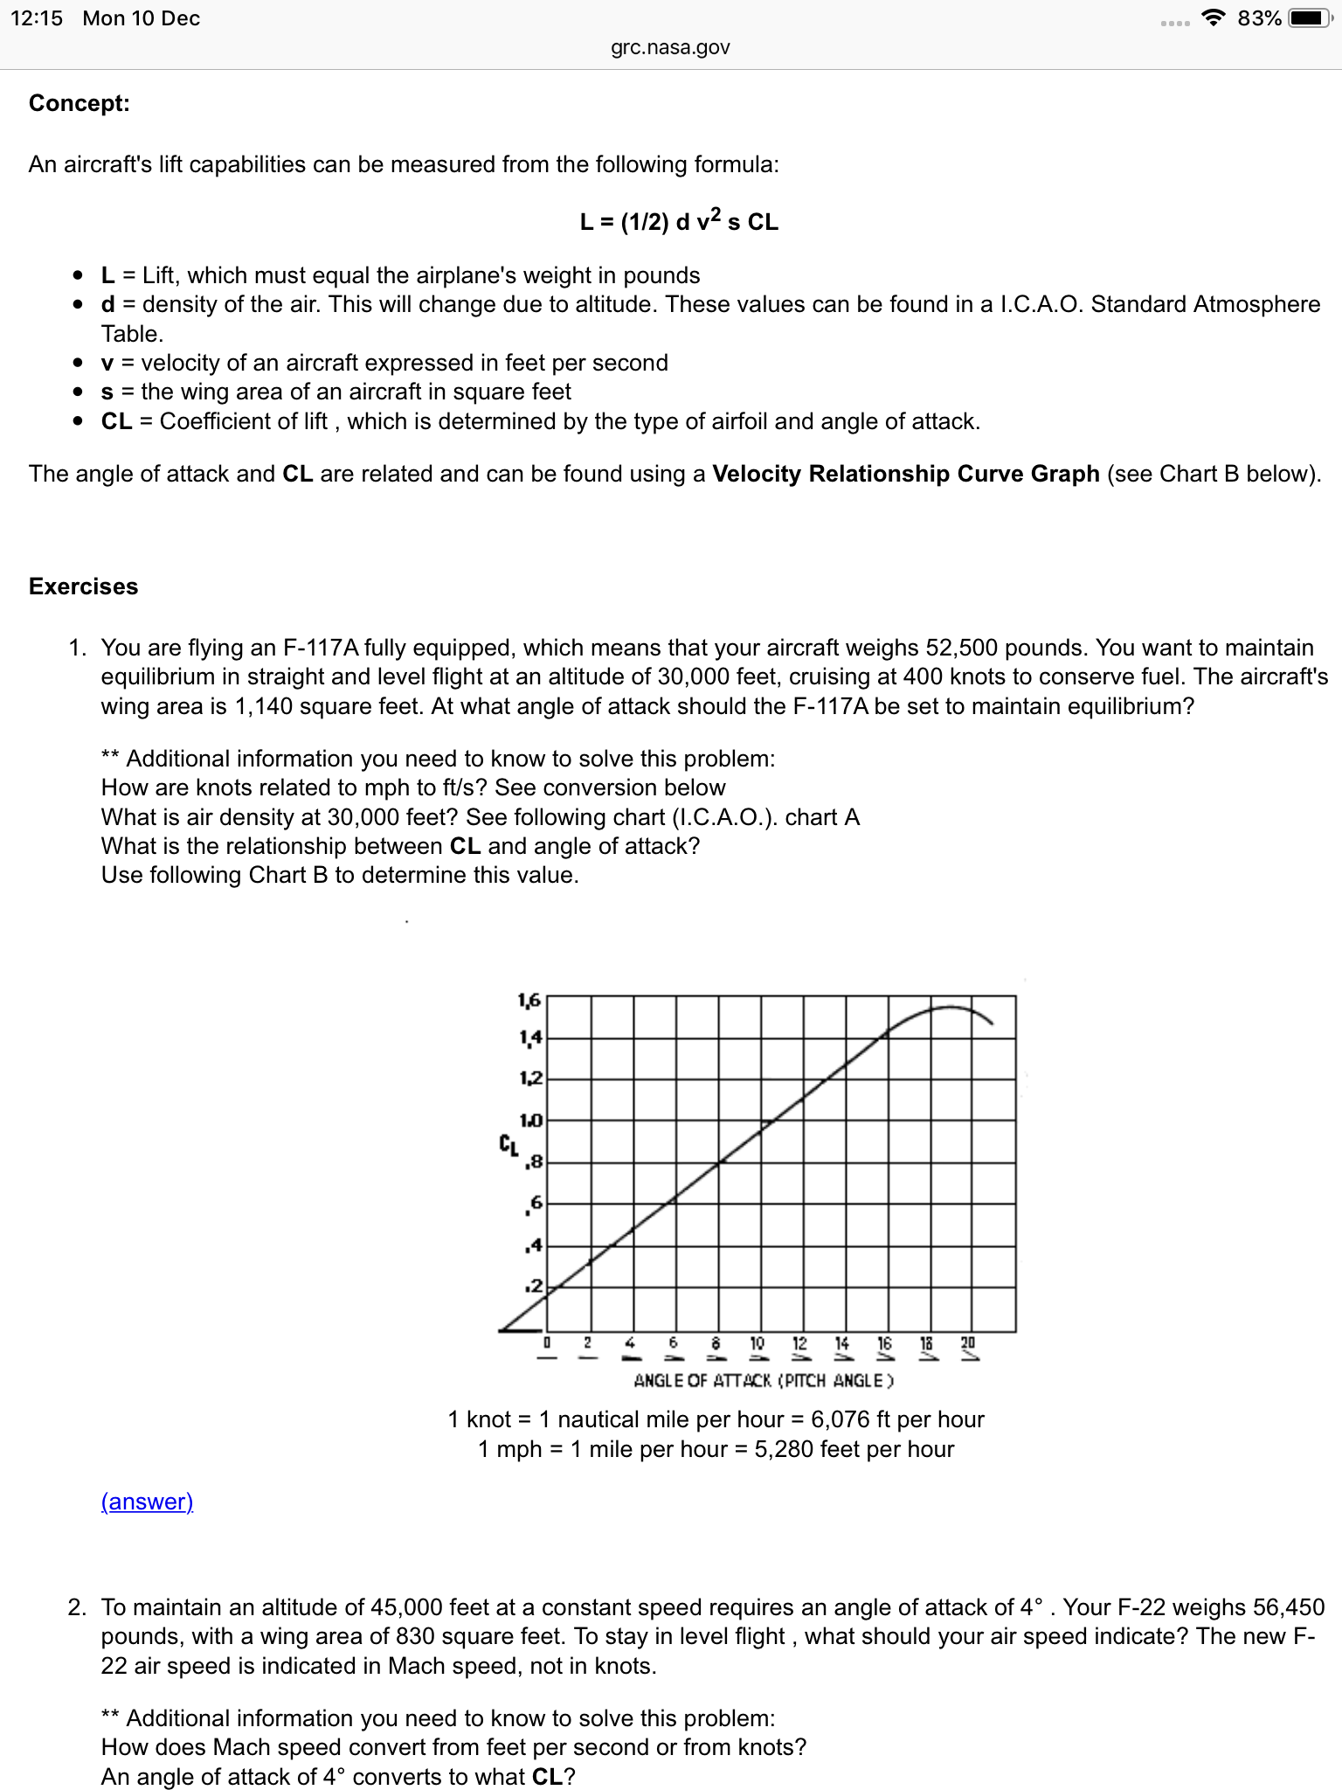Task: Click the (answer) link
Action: click(147, 1502)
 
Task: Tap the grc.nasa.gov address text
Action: click(670, 47)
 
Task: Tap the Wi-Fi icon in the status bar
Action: click(1213, 17)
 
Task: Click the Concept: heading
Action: click(80, 103)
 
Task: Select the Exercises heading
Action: click(84, 586)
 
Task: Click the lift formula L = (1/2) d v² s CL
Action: click(679, 221)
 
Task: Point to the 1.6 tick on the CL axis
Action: click(529, 999)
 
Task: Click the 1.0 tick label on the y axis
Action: click(530, 1120)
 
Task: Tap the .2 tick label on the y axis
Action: click(534, 1287)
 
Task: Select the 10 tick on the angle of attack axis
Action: click(757, 1342)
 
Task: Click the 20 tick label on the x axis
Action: click(968, 1342)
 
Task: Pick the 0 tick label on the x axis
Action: click(547, 1342)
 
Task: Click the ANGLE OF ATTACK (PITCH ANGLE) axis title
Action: click(764, 1381)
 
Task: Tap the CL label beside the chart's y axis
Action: click(508, 1144)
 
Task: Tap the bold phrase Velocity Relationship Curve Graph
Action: click(906, 474)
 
